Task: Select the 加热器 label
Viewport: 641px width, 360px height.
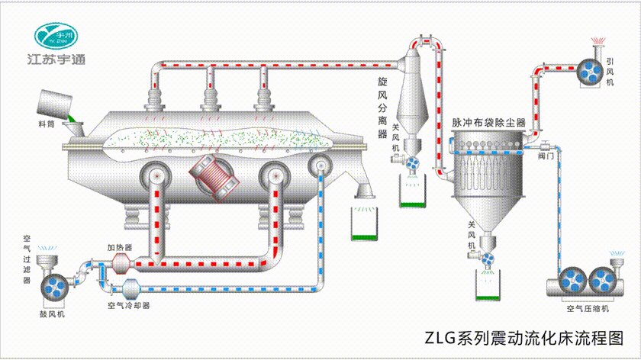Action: pos(120,248)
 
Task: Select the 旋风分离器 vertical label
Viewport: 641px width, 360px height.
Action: pos(383,107)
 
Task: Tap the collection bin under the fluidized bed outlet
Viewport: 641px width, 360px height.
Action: pos(365,223)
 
